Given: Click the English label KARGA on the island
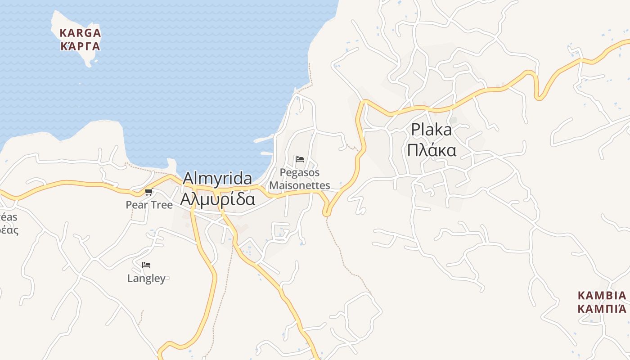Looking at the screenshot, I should pos(80,33).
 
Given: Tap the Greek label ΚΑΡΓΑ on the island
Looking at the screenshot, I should pos(80,46).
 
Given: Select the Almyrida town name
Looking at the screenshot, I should pos(217,179).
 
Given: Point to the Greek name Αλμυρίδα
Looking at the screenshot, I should pos(217,198).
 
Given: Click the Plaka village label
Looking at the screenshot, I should pos(431,130).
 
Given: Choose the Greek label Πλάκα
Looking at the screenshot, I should pos(431,150).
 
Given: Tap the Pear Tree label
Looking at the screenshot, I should pos(149,205).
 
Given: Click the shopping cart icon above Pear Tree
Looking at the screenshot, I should pos(148,192).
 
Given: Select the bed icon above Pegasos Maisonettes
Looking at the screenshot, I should pos(300,159).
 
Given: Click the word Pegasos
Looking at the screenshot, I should pos(300,172).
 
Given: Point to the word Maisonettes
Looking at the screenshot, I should pos(300,185).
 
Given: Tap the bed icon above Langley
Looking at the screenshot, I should pos(146,265).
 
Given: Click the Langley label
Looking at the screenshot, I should pos(146,278).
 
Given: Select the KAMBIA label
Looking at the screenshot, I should pos(602,296).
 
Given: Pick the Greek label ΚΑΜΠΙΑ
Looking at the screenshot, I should pos(602,309).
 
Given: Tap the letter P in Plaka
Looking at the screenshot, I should pos(415,130).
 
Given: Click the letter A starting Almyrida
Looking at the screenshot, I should pos(188,179).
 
